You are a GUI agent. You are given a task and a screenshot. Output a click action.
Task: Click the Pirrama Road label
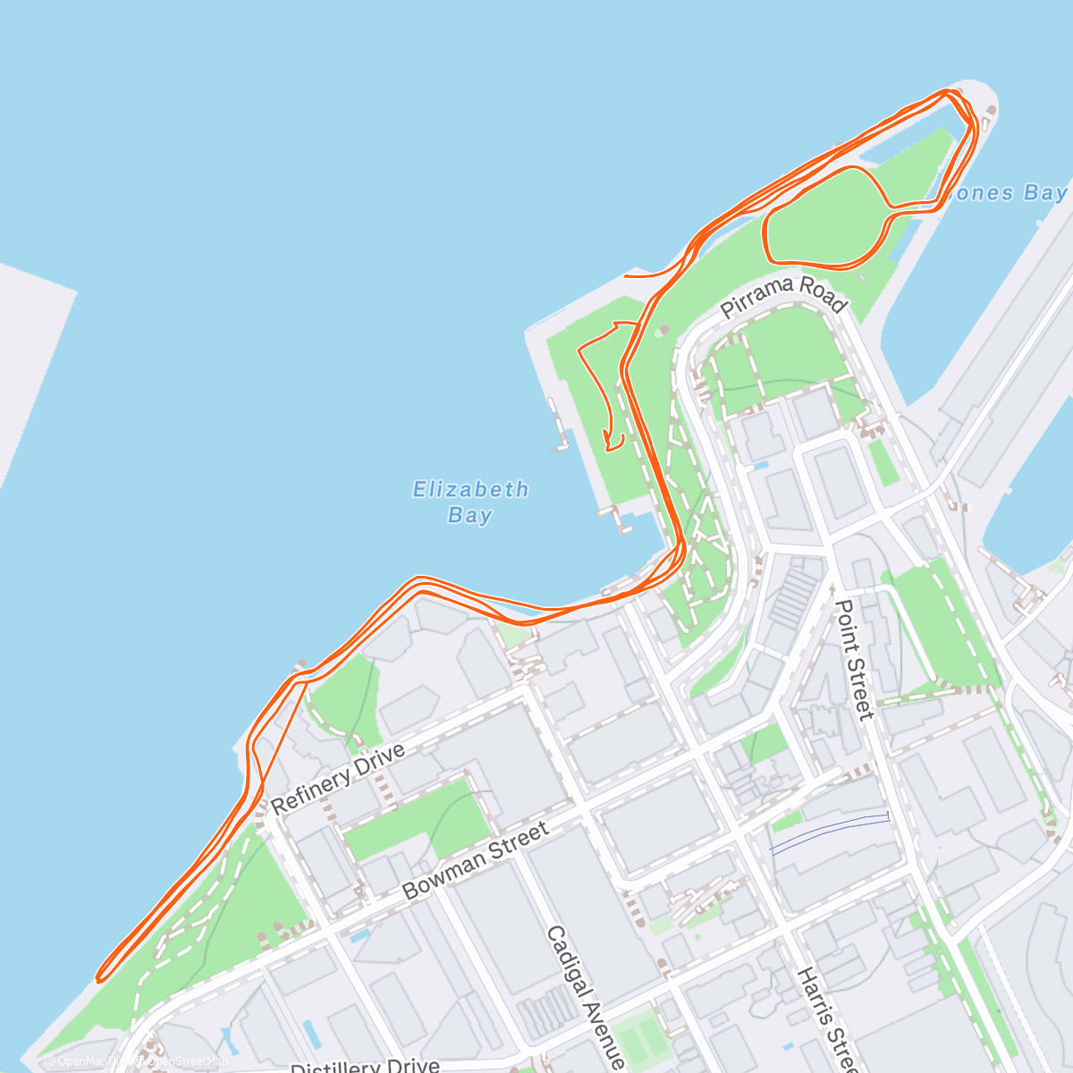point(783,296)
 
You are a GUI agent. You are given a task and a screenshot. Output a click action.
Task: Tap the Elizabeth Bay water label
point(470,502)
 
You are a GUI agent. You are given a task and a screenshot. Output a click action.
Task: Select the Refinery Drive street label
point(338,778)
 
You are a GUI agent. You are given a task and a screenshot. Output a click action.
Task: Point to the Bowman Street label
point(476,861)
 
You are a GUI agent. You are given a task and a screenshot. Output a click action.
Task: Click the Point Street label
point(853,660)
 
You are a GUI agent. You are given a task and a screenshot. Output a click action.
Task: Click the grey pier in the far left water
point(27,358)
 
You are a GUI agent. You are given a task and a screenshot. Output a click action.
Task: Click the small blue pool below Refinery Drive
point(360,935)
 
